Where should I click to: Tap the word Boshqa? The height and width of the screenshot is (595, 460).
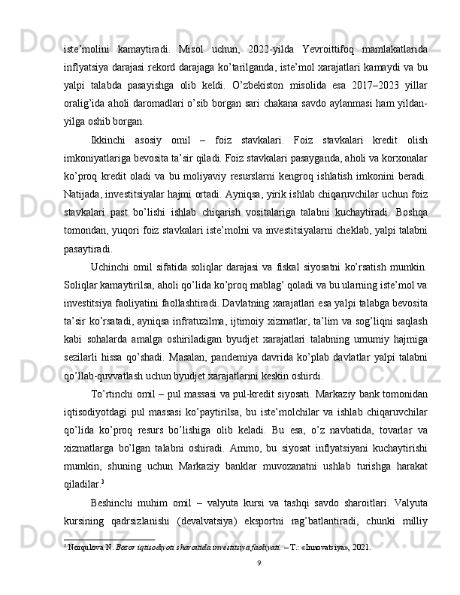pos(412,225)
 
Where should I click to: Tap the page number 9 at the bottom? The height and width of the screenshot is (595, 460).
pos(259,584)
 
